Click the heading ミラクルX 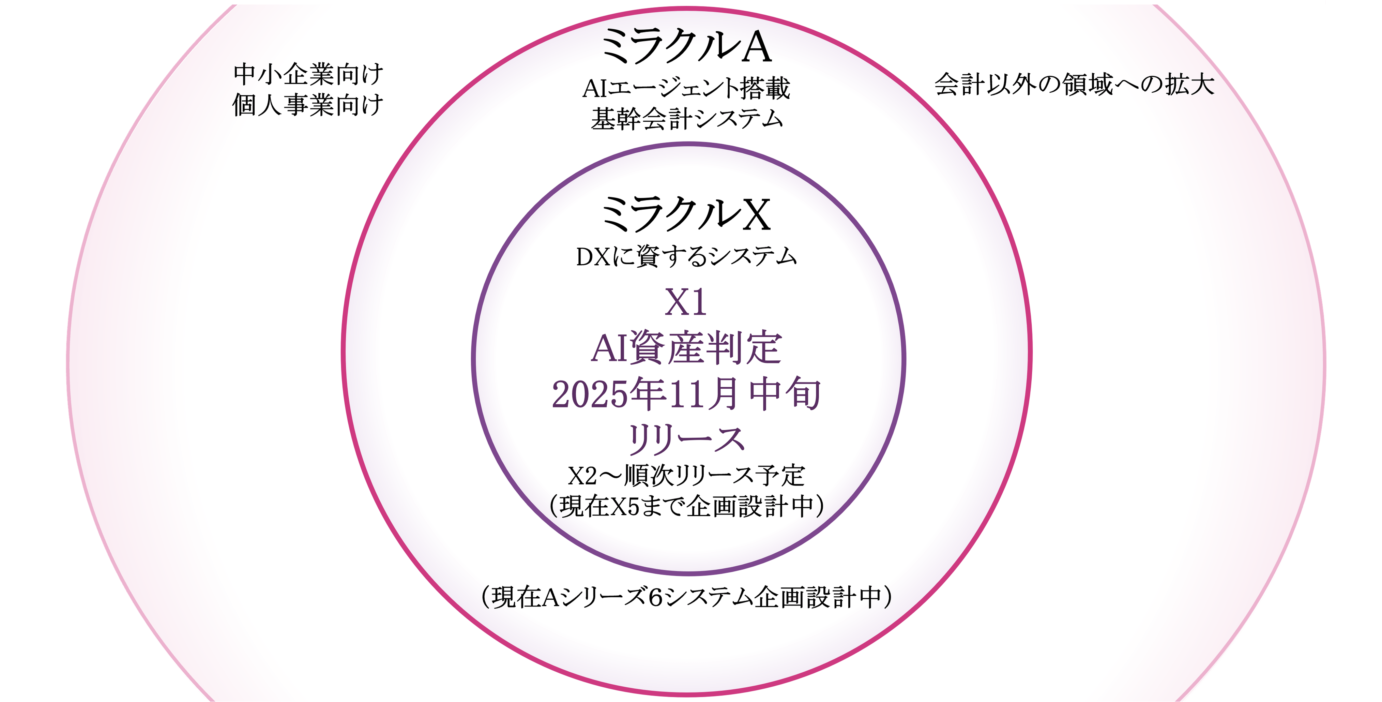click(686, 214)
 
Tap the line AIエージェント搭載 click(686, 88)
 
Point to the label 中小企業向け click(308, 74)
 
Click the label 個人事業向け click(308, 105)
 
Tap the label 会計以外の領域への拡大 click(1075, 84)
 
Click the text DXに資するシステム click(686, 256)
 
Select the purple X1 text click(686, 303)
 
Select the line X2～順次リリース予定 click(686, 475)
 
